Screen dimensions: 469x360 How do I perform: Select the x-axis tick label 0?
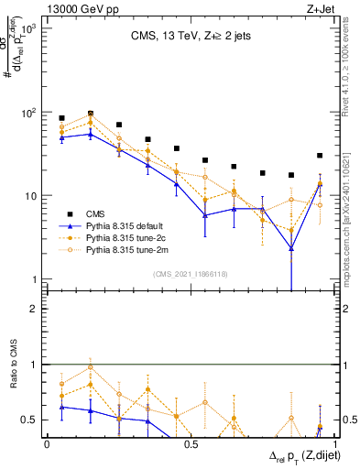(47, 443)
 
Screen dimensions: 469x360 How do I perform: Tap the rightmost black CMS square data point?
(320, 156)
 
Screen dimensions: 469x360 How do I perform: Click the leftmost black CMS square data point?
(61, 118)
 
